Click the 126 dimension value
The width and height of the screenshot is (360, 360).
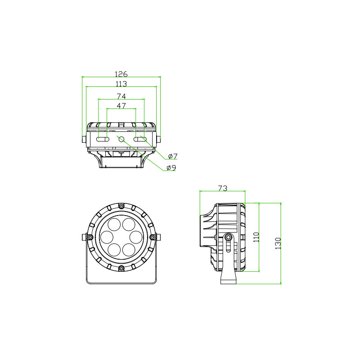[x=121, y=74]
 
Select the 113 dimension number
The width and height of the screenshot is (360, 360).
[x=121, y=84]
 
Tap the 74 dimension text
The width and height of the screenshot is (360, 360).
[x=121, y=96]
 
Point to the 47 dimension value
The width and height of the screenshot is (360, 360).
[x=121, y=106]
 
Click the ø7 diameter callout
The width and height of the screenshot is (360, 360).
[x=173, y=156]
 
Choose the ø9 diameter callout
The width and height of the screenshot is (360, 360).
[x=171, y=168]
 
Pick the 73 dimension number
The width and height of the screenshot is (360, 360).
[x=222, y=188]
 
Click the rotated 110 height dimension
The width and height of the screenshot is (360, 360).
[x=256, y=237]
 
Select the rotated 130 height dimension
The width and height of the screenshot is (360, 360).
[x=278, y=243]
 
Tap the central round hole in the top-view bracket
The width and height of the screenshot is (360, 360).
[x=121, y=139]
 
